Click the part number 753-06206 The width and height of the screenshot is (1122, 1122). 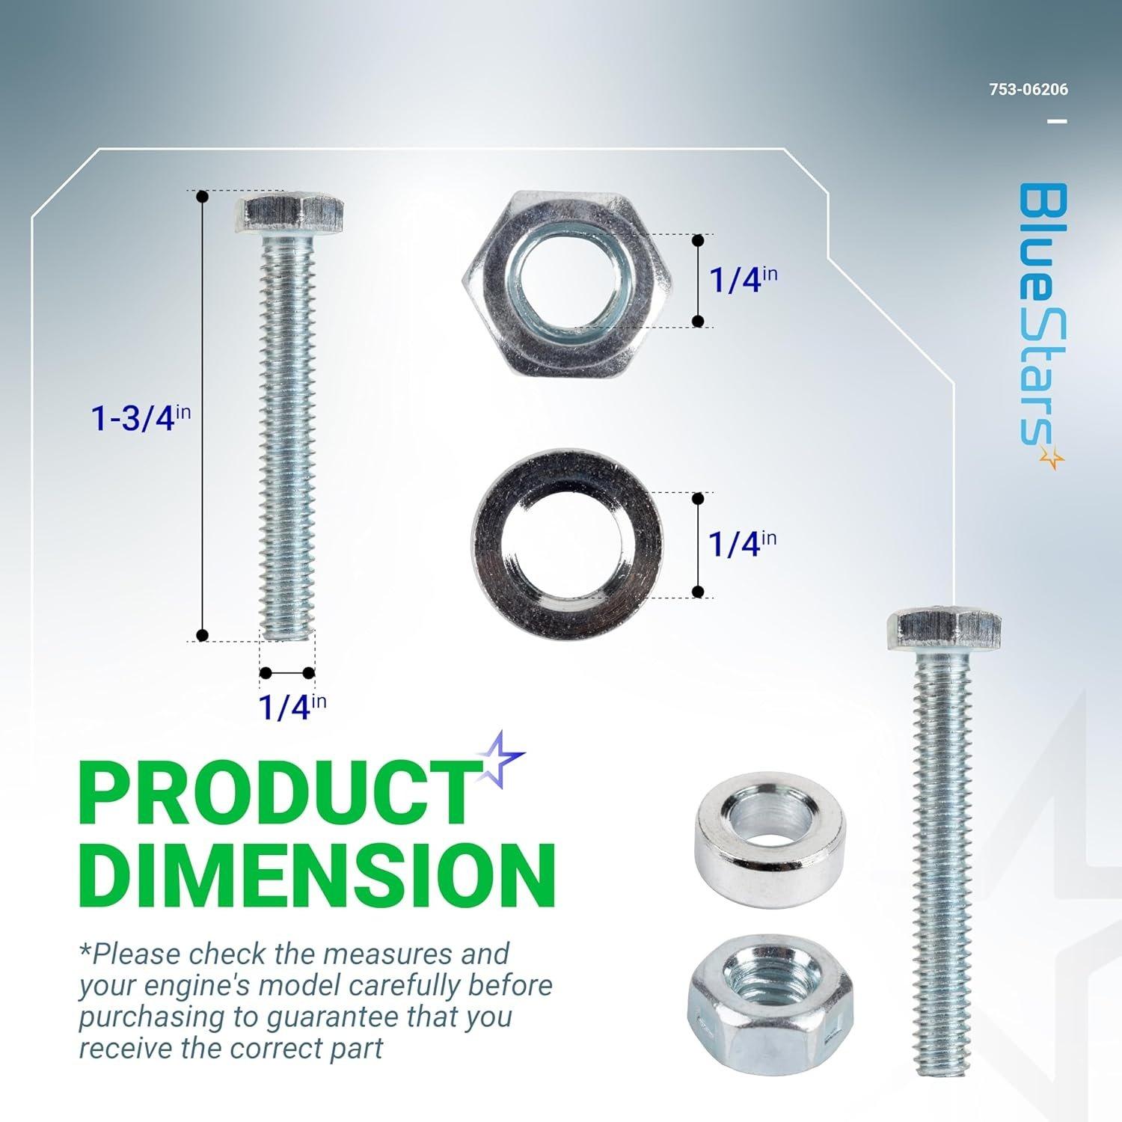click(x=1028, y=90)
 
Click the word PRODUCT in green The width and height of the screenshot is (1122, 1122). click(x=277, y=795)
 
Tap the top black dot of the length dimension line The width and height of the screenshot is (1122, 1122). click(x=202, y=197)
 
